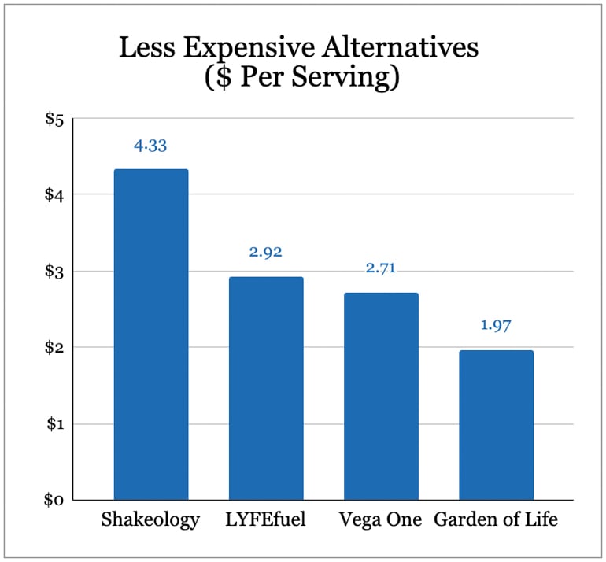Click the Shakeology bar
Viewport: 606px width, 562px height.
coord(151,335)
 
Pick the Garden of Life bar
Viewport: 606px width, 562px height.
coord(496,425)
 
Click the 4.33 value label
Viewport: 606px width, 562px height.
coord(150,146)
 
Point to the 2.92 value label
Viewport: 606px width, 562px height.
coord(265,253)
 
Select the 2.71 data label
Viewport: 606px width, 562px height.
coord(381,268)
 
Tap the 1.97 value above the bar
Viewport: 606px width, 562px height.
coord(496,325)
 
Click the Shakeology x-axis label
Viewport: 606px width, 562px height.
coord(151,521)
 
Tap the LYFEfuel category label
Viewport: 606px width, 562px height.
coord(266,521)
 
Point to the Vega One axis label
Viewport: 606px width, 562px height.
coord(381,521)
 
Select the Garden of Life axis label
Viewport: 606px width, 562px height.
coord(496,521)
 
